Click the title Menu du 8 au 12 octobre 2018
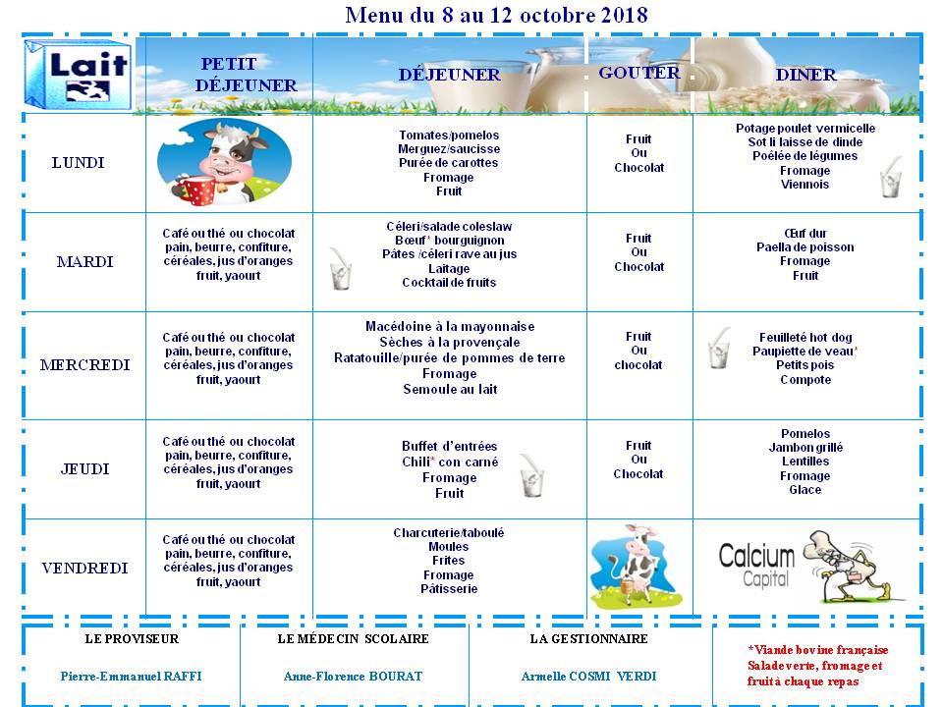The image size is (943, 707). click(x=496, y=15)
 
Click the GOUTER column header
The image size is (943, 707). click(x=638, y=73)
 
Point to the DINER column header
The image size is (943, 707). click(x=805, y=75)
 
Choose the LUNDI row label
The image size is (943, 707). click(x=78, y=163)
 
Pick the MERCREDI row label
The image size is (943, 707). click(x=84, y=365)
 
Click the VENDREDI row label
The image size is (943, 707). click(x=84, y=569)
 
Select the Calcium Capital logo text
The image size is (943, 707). click(x=755, y=566)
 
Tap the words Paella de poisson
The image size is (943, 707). click(x=804, y=247)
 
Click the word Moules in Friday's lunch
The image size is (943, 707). click(x=449, y=547)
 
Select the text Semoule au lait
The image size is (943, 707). click(x=450, y=389)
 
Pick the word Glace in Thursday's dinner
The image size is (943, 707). click(x=804, y=490)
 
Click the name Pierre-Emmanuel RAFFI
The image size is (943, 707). click(x=132, y=676)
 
